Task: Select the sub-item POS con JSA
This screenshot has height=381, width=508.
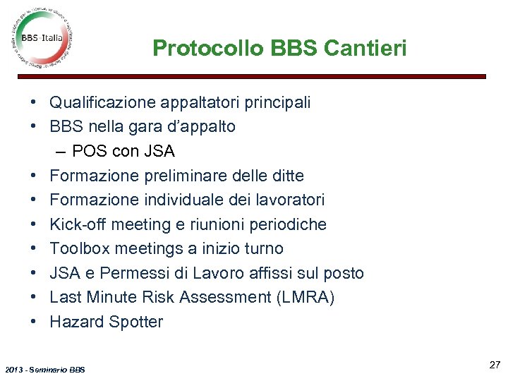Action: pos(123,151)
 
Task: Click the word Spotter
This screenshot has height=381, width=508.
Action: pos(135,322)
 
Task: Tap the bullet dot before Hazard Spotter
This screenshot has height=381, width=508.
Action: pos(34,322)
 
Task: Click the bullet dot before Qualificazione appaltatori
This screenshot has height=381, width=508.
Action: pos(34,103)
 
